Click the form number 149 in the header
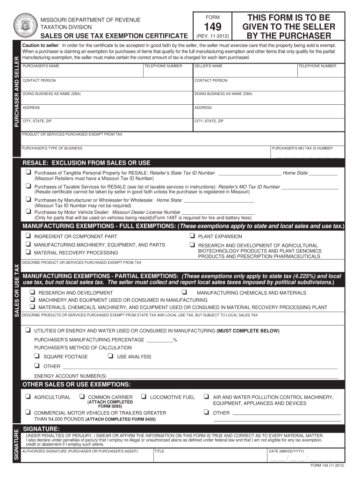[x=212, y=27]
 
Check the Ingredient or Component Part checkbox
[x=29, y=236]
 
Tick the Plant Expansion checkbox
[x=192, y=236]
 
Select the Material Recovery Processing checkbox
[x=29, y=253]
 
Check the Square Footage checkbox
[x=37, y=356]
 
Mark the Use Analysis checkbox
[x=110, y=356]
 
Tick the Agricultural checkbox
[x=29, y=397]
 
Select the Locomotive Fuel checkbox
[x=144, y=397]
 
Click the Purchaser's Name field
[x=82, y=72]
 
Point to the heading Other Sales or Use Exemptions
[x=77, y=385]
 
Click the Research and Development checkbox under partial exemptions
[x=33, y=293]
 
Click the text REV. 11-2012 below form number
[x=212, y=36]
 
